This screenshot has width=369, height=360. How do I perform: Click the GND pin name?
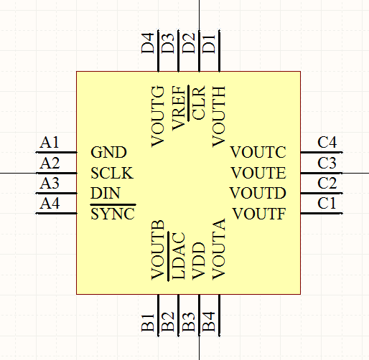coord(108,152)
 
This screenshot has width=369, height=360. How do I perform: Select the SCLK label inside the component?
coord(112,173)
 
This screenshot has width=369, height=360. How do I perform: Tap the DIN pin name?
coord(106,193)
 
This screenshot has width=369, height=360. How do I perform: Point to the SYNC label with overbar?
coord(113,212)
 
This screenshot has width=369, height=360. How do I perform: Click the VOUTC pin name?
coord(258,152)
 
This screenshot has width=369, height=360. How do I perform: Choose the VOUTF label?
coord(259,214)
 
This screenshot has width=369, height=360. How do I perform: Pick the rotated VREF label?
coord(179,108)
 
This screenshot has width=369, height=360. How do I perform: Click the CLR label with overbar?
coord(197,103)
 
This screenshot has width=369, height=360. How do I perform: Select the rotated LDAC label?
coord(177,255)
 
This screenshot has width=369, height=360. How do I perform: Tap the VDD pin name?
coord(199,261)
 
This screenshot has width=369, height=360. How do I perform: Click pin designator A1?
coord(50,143)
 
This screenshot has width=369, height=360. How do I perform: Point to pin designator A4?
coord(50,204)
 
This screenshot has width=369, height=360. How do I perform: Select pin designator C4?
coord(327,143)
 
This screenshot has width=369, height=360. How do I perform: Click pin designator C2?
coord(327,184)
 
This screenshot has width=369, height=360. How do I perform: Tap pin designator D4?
coord(148,43)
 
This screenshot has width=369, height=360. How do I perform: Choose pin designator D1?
coord(209,43)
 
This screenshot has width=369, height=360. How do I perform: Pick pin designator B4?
coord(209,321)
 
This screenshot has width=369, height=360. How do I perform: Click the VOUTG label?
coord(158,117)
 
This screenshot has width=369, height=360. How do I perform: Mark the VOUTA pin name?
coord(219,249)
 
